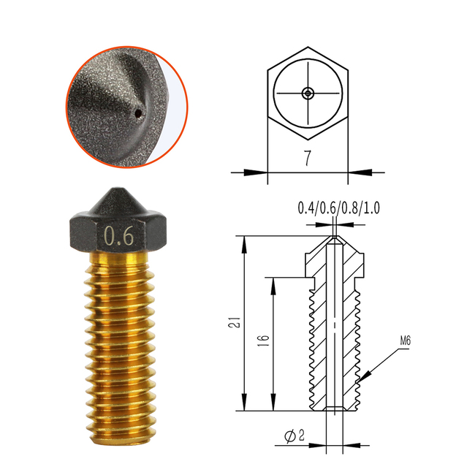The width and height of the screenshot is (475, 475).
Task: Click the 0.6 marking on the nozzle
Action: point(118,236)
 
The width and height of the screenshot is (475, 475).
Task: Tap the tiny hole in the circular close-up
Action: point(138,113)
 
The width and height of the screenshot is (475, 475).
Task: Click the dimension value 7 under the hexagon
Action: point(308,157)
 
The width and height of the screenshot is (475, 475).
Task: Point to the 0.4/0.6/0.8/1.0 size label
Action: point(338,209)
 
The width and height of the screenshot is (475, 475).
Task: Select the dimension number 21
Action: point(231,322)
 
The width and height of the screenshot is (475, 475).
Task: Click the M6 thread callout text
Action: point(407,341)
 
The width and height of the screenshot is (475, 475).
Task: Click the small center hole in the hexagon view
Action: point(308,93)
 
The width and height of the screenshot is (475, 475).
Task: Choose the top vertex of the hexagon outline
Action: point(308,46)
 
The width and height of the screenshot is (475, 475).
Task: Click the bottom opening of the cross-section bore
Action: point(335,409)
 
